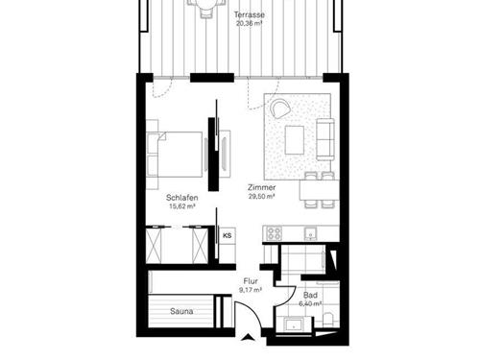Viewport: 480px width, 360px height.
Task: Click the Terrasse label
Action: click(251, 16)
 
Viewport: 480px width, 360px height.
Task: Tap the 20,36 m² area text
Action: click(251, 26)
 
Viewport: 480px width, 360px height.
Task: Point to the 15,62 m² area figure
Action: click(181, 205)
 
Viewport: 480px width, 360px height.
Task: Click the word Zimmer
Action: click(260, 186)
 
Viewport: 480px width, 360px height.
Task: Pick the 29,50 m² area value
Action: click(260, 196)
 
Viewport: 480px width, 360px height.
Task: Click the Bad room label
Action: click(310, 295)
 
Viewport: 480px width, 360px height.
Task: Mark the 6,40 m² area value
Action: click(310, 304)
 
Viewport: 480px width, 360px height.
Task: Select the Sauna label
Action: click(182, 312)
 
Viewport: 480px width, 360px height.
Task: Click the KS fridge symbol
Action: click(228, 234)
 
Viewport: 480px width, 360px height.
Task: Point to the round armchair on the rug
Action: click(281, 108)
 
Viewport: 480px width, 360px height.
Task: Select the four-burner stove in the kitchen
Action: click(273, 233)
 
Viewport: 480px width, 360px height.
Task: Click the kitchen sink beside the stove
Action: click(309, 232)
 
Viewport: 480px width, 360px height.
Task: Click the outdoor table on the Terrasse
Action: click(204, 7)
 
